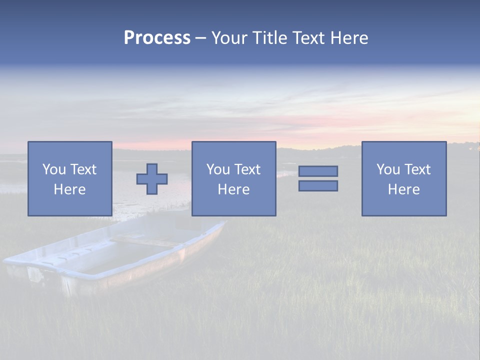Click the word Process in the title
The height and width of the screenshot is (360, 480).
157,38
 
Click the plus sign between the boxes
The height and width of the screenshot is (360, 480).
152,179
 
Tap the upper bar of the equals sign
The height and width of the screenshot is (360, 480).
318,171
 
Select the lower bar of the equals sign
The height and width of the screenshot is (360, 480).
318,186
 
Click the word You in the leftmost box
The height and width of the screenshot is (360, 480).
54,169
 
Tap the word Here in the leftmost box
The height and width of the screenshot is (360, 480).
69,189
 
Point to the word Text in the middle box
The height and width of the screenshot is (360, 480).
247,169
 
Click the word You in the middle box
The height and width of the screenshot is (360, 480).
218,169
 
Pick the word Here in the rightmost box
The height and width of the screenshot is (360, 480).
403,189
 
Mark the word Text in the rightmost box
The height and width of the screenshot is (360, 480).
417,169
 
